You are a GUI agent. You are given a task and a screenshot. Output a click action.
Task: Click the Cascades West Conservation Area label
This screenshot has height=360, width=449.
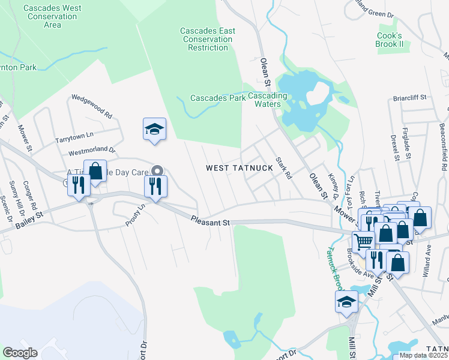click(52, 17)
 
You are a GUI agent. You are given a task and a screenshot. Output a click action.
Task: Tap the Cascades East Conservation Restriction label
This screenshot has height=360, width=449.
click(207, 39)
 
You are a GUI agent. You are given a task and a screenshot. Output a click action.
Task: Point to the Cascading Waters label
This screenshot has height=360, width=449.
click(268, 100)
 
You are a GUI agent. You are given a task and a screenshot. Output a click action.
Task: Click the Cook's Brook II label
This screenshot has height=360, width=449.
click(388, 40)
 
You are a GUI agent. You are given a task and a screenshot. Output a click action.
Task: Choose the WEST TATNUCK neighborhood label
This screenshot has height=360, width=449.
click(239, 168)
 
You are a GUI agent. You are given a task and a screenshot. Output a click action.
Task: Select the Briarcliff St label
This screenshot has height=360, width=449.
click(410, 97)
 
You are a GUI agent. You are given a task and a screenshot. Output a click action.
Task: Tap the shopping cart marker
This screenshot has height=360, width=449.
click(362, 242)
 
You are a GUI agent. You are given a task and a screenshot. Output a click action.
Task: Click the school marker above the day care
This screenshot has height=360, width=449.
click(154, 129)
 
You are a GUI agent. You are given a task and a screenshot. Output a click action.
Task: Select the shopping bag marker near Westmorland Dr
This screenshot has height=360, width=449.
click(95, 171)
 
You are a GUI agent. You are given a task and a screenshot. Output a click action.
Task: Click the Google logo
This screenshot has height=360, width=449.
click(20, 353)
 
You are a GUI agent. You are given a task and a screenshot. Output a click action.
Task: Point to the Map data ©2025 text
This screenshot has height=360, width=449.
click(424, 355)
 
